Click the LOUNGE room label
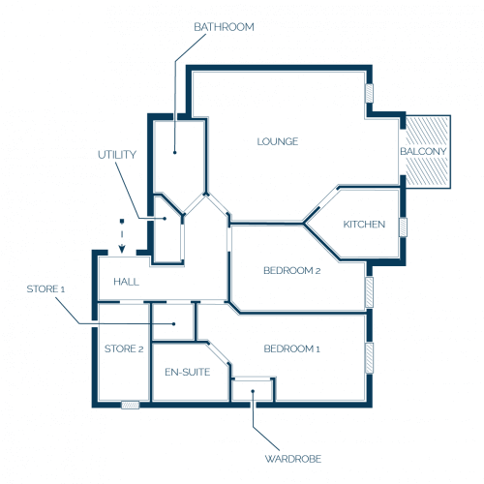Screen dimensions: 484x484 pyautogui.click(x=278, y=141)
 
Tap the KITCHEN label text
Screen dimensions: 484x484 pyautogui.click(x=364, y=225)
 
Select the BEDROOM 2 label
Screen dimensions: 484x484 pyautogui.click(x=292, y=270)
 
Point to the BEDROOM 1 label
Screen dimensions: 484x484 pyautogui.click(x=292, y=348)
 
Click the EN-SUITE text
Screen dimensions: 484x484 pyautogui.click(x=187, y=372)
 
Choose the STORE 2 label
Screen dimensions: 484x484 pyautogui.click(x=124, y=348)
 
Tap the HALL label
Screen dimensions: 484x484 pyautogui.click(x=126, y=282)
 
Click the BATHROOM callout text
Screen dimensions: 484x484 pyautogui.click(x=224, y=27)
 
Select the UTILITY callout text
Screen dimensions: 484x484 pyautogui.click(x=117, y=155)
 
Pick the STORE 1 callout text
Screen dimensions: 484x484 pyautogui.click(x=45, y=289)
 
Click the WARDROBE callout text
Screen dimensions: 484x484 pyautogui.click(x=293, y=459)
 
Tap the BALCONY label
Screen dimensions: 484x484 pyautogui.click(x=423, y=151)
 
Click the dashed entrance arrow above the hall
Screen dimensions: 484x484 pyautogui.click(x=122, y=236)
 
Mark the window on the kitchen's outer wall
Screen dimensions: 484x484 pyautogui.click(x=403, y=227)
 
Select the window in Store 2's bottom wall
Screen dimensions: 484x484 pyautogui.click(x=131, y=405)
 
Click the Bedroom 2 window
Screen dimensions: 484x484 pyautogui.click(x=370, y=292)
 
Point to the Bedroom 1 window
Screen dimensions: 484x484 pyautogui.click(x=370, y=358)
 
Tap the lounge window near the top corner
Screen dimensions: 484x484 pyautogui.click(x=370, y=93)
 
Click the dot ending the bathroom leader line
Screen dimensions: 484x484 pyautogui.click(x=174, y=152)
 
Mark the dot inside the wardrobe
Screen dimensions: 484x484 pyautogui.click(x=253, y=391)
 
